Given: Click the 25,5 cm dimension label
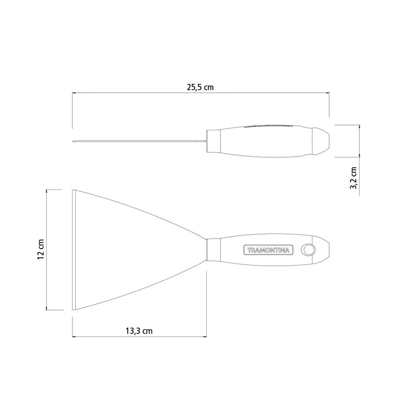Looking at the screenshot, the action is pyautogui.click(x=200, y=87).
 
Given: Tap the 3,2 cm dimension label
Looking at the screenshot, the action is pyautogui.click(x=353, y=178).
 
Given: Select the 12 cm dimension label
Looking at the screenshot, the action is pyautogui.click(x=41, y=249).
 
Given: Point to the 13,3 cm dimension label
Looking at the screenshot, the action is pyautogui.click(x=139, y=331).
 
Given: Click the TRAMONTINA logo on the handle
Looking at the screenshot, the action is pyautogui.click(x=268, y=250).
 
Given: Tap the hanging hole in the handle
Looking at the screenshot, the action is pyautogui.click(x=308, y=249).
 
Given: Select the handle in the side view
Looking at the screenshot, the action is pyautogui.click(x=268, y=141).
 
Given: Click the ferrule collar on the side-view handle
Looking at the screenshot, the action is pyautogui.click(x=214, y=141).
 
